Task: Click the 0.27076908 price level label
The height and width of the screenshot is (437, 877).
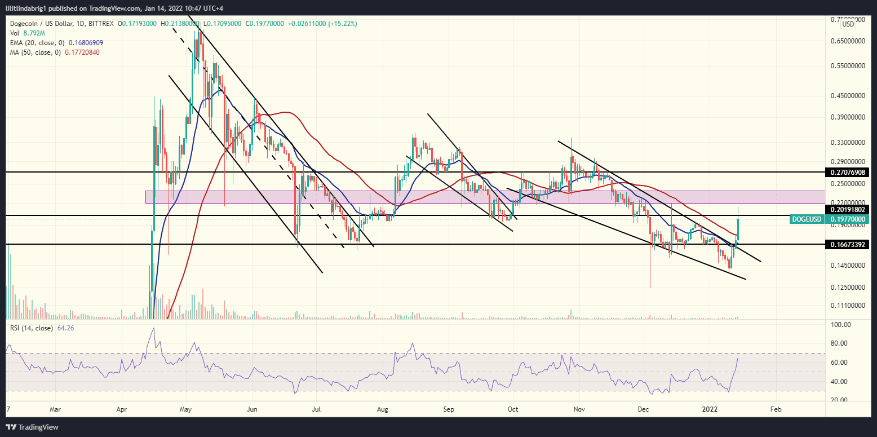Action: [x=848, y=171]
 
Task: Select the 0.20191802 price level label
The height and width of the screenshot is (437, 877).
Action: [x=848, y=209]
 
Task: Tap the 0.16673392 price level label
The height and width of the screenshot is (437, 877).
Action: [x=848, y=245]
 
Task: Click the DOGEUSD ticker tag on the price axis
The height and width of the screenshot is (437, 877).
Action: [x=807, y=219]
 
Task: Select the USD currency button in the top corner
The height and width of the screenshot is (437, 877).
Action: [x=848, y=24]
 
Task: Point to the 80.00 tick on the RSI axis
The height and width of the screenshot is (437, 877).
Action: [x=840, y=343]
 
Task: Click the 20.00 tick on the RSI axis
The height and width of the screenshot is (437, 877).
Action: [x=840, y=400]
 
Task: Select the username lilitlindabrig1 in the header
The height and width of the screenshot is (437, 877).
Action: [x=32, y=6]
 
